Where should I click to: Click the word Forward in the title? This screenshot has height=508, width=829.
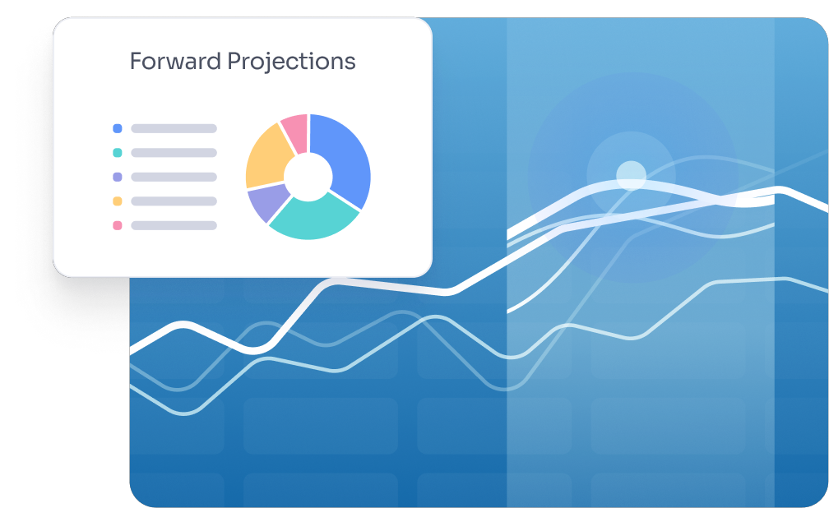175,62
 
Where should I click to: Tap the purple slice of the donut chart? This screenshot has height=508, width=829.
266,203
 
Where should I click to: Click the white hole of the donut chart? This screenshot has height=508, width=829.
308,177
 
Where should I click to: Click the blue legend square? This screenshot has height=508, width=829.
118,128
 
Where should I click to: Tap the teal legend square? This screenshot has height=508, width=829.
118,153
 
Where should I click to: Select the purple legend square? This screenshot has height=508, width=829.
118,177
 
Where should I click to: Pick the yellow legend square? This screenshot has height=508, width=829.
118,201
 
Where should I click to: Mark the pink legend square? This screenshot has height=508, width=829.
118,226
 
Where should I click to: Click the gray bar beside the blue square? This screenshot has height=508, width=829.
174,128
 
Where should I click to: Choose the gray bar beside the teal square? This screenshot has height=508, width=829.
174,153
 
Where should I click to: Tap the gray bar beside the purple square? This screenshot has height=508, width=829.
174,177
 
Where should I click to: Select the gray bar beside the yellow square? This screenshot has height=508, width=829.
174,201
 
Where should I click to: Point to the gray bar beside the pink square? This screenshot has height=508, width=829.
174,226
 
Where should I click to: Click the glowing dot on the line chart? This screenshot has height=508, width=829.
632,176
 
